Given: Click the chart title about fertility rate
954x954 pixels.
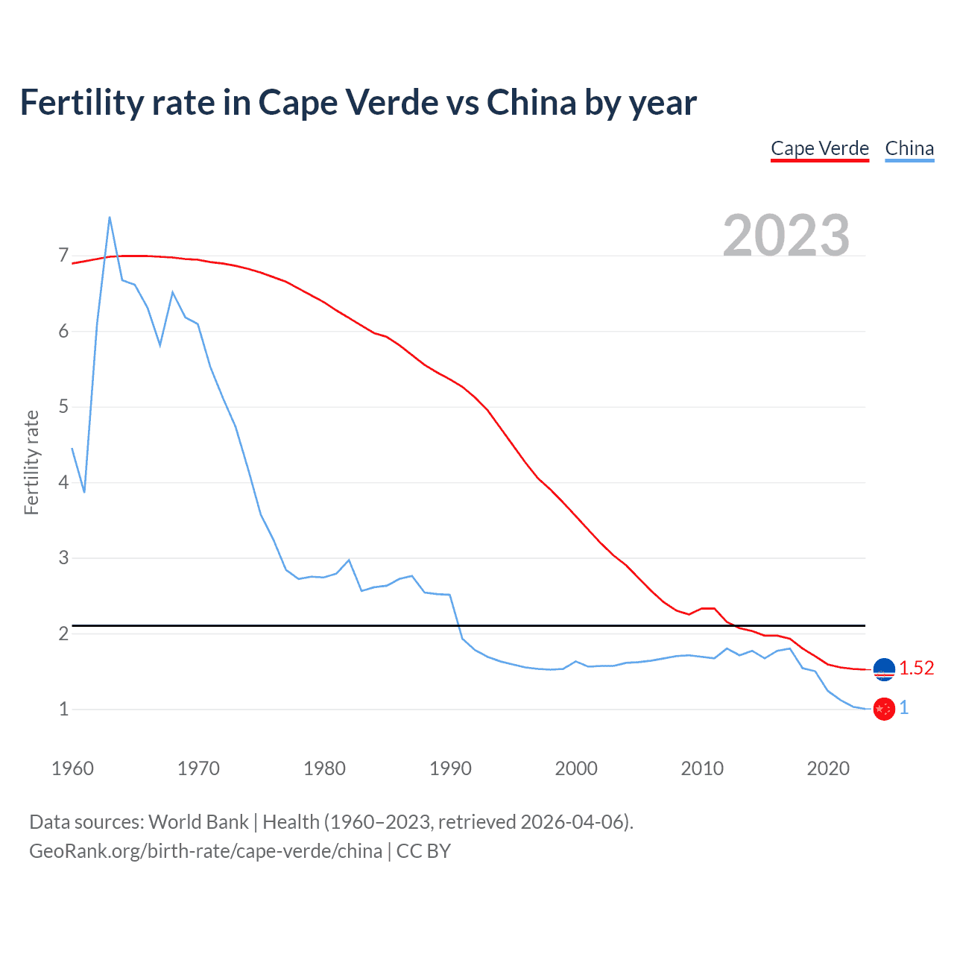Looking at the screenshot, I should click(358, 103).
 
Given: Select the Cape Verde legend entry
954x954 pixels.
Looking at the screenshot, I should click(819, 148).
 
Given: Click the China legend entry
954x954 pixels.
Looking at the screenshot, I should click(909, 148).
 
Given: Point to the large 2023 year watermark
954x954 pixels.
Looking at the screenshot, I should click(786, 236).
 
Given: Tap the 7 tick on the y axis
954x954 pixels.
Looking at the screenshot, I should click(63, 256).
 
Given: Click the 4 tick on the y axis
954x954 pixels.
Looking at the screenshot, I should click(63, 482).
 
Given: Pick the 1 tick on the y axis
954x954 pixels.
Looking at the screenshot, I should click(63, 709).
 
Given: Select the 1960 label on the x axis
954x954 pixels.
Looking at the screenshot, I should click(72, 768).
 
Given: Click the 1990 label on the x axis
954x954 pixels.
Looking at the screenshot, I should click(450, 768).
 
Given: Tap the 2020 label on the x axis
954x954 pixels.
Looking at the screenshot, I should click(828, 768).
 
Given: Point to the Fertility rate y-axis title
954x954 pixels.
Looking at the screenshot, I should click(31, 462).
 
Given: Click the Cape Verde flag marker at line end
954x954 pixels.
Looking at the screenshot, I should click(884, 669).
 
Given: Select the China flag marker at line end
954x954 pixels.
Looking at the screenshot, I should click(884, 709).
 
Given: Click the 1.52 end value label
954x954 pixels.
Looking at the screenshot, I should click(916, 669).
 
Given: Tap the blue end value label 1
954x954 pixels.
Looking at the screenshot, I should click(904, 708).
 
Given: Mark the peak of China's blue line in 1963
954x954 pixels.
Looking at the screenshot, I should click(110, 217).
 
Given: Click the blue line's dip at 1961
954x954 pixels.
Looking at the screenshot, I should click(84, 492).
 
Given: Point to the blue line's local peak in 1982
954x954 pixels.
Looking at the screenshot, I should click(349, 560).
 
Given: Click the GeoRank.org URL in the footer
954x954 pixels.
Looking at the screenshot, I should click(206, 851).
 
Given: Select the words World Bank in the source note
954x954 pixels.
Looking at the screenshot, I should click(198, 822).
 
